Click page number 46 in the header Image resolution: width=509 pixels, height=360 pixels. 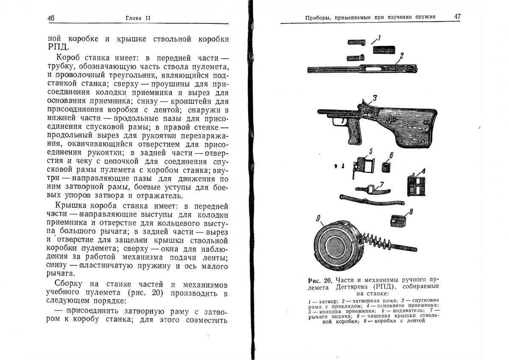[51, 17]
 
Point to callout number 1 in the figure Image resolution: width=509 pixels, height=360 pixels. [380, 38]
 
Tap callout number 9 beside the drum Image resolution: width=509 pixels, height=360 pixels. [318, 219]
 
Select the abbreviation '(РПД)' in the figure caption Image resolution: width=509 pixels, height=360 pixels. [384, 287]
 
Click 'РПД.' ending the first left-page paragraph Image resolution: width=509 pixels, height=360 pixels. [56, 46]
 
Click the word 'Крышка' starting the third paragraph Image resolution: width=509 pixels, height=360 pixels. [71, 207]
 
